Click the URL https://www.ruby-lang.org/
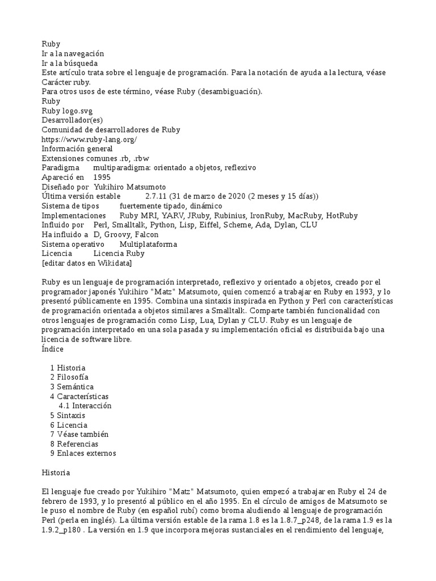90,139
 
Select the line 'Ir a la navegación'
73,53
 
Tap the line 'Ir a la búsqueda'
70,63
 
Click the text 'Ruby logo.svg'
66,111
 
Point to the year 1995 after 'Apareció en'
102,178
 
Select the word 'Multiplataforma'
148,244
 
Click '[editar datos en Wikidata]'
87,263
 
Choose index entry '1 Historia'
68,368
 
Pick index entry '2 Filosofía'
69,377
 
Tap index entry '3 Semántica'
71,387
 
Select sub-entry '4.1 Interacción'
85,406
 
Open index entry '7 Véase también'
79,434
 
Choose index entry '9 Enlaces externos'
83,453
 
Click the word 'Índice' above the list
54,349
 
